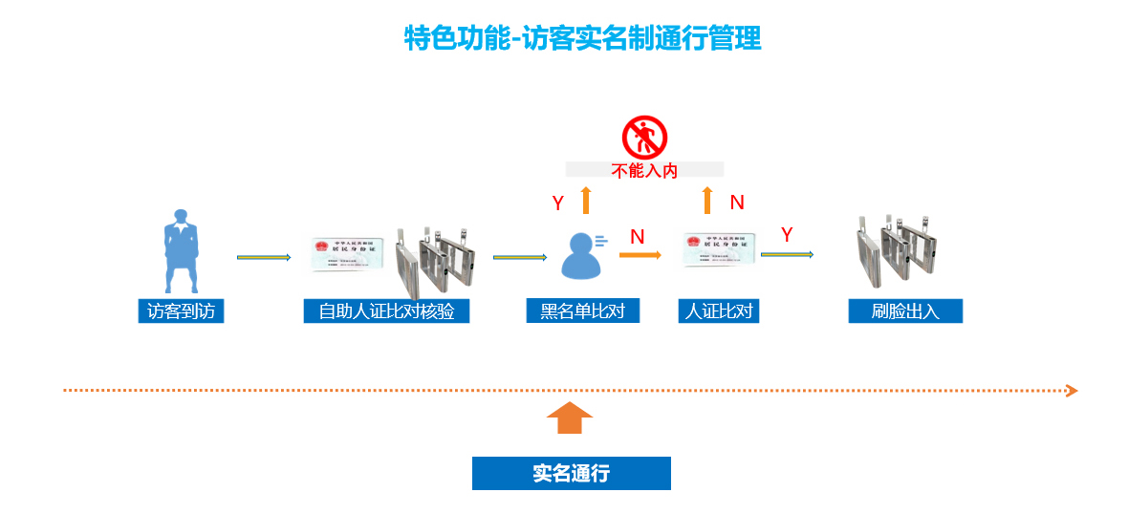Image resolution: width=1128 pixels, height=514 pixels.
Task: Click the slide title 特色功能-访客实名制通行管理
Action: pyautogui.click(x=582, y=38)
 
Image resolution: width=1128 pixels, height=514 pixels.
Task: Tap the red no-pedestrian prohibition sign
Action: pyautogui.click(x=644, y=138)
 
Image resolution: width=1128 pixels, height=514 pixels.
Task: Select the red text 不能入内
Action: pyautogui.click(x=644, y=171)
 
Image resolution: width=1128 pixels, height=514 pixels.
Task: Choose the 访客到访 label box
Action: pyautogui.click(x=181, y=311)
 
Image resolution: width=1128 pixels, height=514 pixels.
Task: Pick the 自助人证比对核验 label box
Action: pyautogui.click(x=386, y=311)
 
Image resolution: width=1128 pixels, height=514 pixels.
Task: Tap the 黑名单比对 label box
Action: pyautogui.click(x=582, y=311)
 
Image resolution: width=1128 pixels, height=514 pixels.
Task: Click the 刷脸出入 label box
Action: pyautogui.click(x=905, y=311)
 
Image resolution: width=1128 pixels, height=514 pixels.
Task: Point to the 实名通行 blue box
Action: pyautogui.click(x=571, y=473)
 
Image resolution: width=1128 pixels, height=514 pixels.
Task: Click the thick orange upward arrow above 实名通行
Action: pyautogui.click(x=571, y=418)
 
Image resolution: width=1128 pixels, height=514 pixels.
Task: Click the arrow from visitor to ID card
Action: pyautogui.click(x=264, y=257)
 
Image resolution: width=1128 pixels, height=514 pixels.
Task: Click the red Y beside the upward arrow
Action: pyautogui.click(x=558, y=203)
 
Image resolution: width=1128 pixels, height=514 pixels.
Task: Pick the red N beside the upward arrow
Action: pyautogui.click(x=737, y=203)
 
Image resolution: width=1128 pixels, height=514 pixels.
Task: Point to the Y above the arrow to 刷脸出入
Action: pyautogui.click(x=787, y=235)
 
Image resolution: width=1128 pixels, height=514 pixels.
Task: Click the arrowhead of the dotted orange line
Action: pyautogui.click(x=1073, y=391)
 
